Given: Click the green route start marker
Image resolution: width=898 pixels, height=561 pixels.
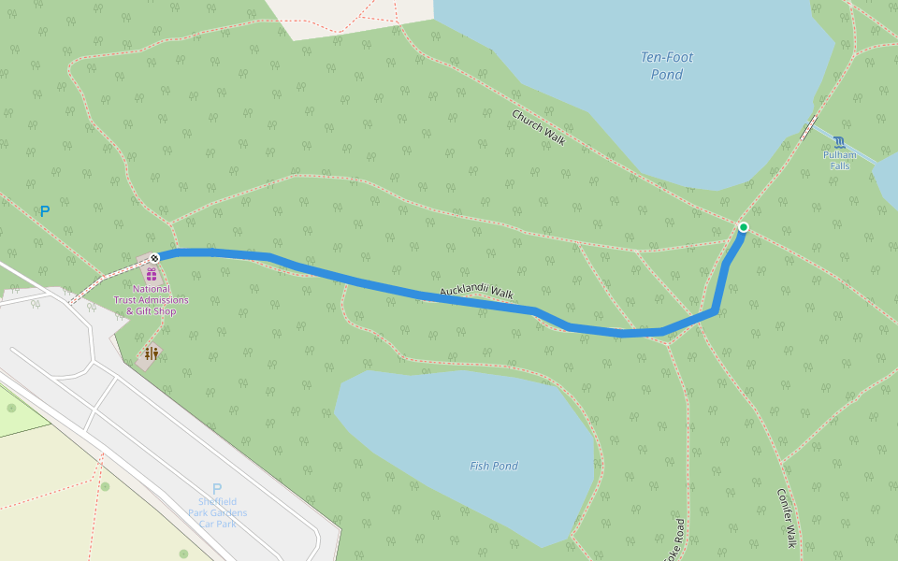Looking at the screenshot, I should tap(743, 227).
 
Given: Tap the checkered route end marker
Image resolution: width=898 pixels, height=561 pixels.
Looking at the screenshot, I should tap(154, 256).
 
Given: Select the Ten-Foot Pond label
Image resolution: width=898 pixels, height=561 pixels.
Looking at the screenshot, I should tap(667, 65).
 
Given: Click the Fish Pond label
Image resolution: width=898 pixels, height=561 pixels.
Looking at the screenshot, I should tap(493, 466).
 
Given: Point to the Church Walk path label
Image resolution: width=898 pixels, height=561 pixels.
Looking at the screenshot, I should tap(538, 127).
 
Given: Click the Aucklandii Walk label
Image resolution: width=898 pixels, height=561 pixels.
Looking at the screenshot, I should tap(476, 293).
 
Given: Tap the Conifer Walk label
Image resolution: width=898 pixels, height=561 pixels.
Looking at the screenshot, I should tap(786, 517).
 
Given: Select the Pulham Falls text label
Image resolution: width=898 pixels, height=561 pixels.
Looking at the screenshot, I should tap(839, 160).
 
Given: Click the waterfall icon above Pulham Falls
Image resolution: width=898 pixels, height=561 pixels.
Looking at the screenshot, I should tap(839, 142).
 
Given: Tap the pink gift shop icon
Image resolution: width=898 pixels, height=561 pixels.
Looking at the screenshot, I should tap(152, 274).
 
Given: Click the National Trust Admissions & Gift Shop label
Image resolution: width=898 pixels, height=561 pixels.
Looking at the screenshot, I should tap(152, 300).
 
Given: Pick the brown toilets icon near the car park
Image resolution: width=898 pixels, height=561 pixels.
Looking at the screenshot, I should tap(151, 353).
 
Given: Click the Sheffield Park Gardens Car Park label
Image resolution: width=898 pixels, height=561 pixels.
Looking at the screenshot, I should tap(217, 512).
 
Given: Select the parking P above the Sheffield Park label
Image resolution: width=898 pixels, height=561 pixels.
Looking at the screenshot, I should tap(217, 489).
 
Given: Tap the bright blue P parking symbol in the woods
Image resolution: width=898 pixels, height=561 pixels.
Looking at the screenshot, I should tap(44, 212).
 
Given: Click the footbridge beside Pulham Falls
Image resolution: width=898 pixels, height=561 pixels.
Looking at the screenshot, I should tap(808, 128).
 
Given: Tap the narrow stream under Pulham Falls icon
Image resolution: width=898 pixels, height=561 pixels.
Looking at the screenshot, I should tap(865, 155).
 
